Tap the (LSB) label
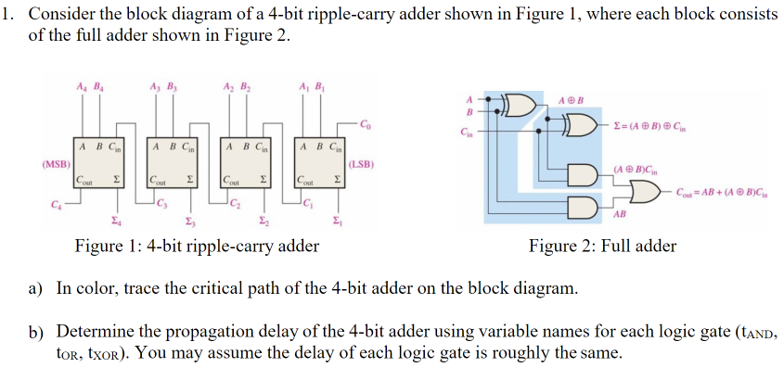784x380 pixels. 362,165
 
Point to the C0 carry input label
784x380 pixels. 366,123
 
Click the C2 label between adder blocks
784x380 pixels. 235,202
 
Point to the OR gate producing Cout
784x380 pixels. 640,191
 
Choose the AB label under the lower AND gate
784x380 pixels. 620,214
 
